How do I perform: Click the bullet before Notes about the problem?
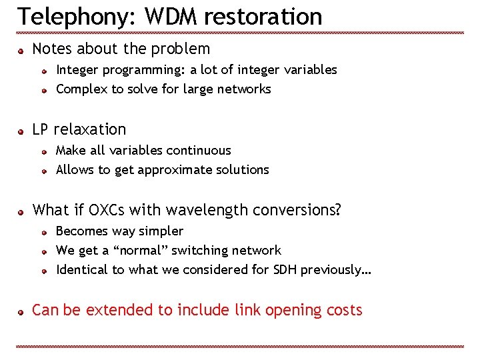(21, 50)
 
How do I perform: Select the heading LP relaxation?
(79, 129)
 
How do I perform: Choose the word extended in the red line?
(116, 310)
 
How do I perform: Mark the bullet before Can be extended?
(21, 311)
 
